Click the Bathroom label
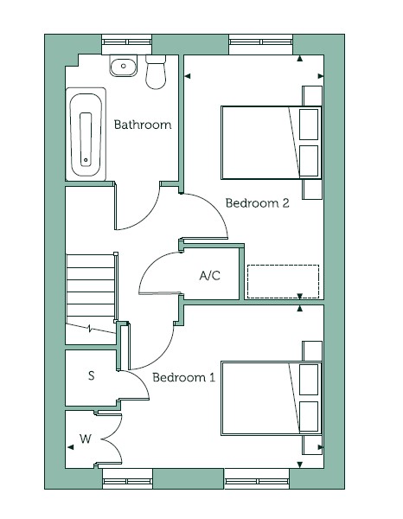pyautogui.click(x=143, y=125)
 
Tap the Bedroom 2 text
pyautogui.click(x=257, y=203)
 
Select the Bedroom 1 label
pyautogui.click(x=183, y=377)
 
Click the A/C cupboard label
pyautogui.click(x=210, y=275)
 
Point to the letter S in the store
pyautogui.click(x=92, y=375)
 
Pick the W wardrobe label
pyautogui.click(x=85, y=439)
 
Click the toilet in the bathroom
pyautogui.click(x=156, y=72)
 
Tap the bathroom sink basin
pyautogui.click(x=124, y=66)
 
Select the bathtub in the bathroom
pyautogui.click(x=86, y=134)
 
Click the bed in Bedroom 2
pyautogui.click(x=272, y=143)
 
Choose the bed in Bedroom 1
pyautogui.click(x=272, y=398)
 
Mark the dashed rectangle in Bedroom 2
pyautogui.click(x=284, y=281)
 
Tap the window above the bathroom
pyautogui.click(x=127, y=42)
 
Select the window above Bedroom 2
pyautogui.click(x=260, y=42)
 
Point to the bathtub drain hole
pyautogui.click(x=86, y=160)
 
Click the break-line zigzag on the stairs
pyautogui.click(x=90, y=329)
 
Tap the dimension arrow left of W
pyautogui.click(x=70, y=447)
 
